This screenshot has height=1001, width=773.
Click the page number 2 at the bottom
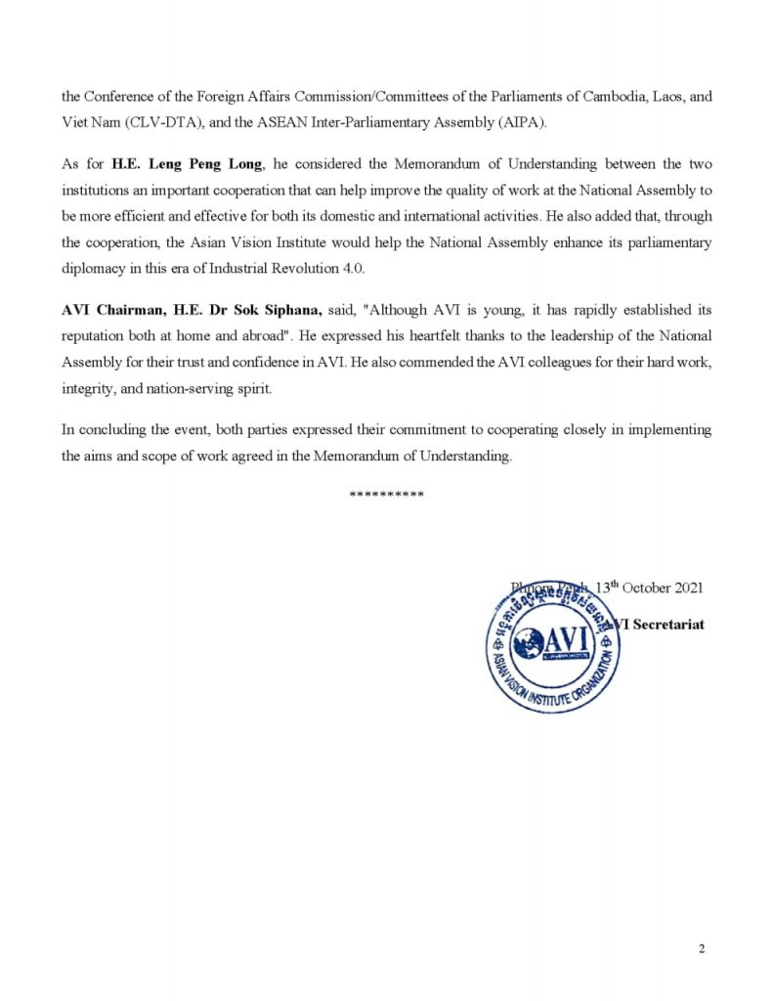click(702, 949)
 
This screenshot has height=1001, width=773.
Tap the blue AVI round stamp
click(554, 647)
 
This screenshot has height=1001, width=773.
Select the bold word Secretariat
click(668, 624)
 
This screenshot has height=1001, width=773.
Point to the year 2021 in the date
click(684, 588)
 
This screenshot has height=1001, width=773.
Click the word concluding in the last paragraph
click(107, 430)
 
